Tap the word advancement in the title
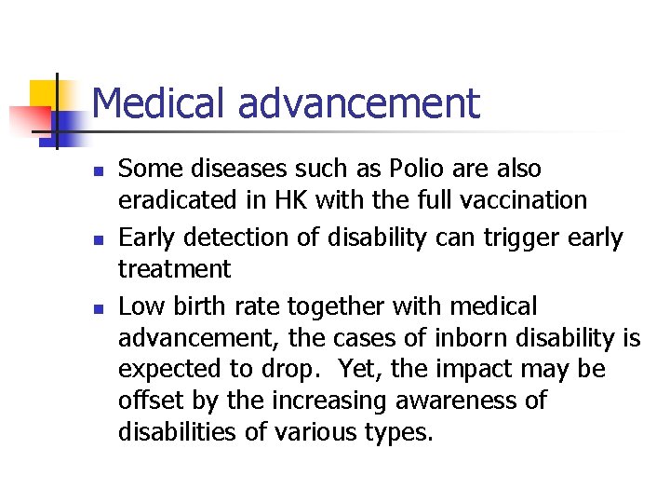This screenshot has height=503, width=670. click(x=359, y=103)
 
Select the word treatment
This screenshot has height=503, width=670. click(x=174, y=270)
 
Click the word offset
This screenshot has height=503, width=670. click(x=145, y=401)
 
